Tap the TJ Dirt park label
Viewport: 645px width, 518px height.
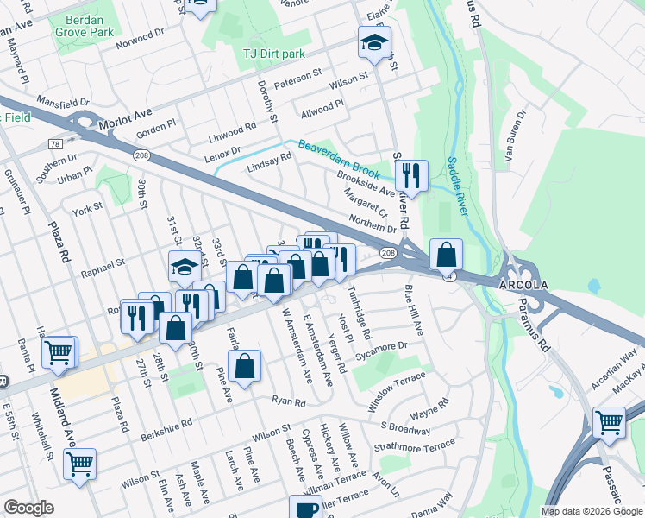pyautogui.click(x=273, y=54)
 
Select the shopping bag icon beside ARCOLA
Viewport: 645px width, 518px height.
pyautogui.click(x=446, y=254)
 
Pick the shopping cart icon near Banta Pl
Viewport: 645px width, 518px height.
pyautogui.click(x=59, y=351)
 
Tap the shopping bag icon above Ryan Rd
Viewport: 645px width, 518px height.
pyautogui.click(x=246, y=365)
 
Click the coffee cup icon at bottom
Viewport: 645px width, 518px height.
pyautogui.click(x=304, y=509)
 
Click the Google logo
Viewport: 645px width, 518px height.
pyautogui.click(x=28, y=508)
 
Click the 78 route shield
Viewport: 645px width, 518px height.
pyautogui.click(x=55, y=143)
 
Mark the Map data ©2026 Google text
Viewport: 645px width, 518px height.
pyautogui.click(x=591, y=510)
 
